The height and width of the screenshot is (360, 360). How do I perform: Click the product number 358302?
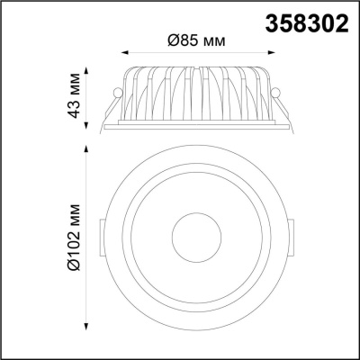tap(307, 23)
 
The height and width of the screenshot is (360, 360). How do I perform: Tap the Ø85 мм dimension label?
tap(196, 40)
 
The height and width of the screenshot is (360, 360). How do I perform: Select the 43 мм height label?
tap(74, 95)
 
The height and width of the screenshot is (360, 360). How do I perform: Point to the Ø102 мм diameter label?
tap(74, 238)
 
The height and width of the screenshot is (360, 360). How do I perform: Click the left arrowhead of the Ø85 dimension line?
tap(125, 53)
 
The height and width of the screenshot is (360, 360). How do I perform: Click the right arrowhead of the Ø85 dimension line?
tap(271, 53)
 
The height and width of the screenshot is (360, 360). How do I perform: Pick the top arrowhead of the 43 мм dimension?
tap(86, 71)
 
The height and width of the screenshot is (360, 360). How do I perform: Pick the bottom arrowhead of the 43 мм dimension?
tap(86, 125)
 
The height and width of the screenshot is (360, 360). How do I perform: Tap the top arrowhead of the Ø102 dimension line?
tap(86, 149)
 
